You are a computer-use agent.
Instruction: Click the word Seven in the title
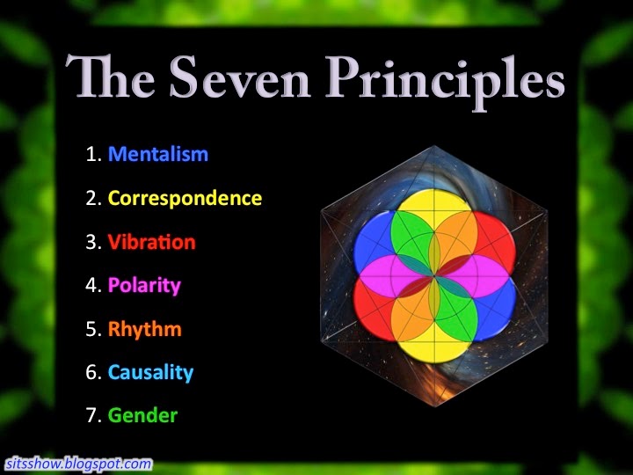240,77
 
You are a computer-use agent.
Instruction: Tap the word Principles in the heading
445,82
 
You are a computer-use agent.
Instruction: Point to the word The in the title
111,76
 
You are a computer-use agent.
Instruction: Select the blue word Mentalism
158,154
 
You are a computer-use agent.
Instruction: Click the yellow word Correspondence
185,199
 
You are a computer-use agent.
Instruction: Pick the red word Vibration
152,242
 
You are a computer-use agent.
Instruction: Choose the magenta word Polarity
144,286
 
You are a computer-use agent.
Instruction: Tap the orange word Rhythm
145,329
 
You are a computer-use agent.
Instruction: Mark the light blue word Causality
150,372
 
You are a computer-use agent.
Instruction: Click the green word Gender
143,415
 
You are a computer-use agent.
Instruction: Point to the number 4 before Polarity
91,285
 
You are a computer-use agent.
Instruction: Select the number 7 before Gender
91,415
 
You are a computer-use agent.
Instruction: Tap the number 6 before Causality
91,372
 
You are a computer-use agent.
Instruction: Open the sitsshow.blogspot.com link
79,463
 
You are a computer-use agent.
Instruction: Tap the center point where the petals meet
434,276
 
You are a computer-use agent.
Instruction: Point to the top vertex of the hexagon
434,146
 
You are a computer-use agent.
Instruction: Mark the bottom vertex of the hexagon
435,406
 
